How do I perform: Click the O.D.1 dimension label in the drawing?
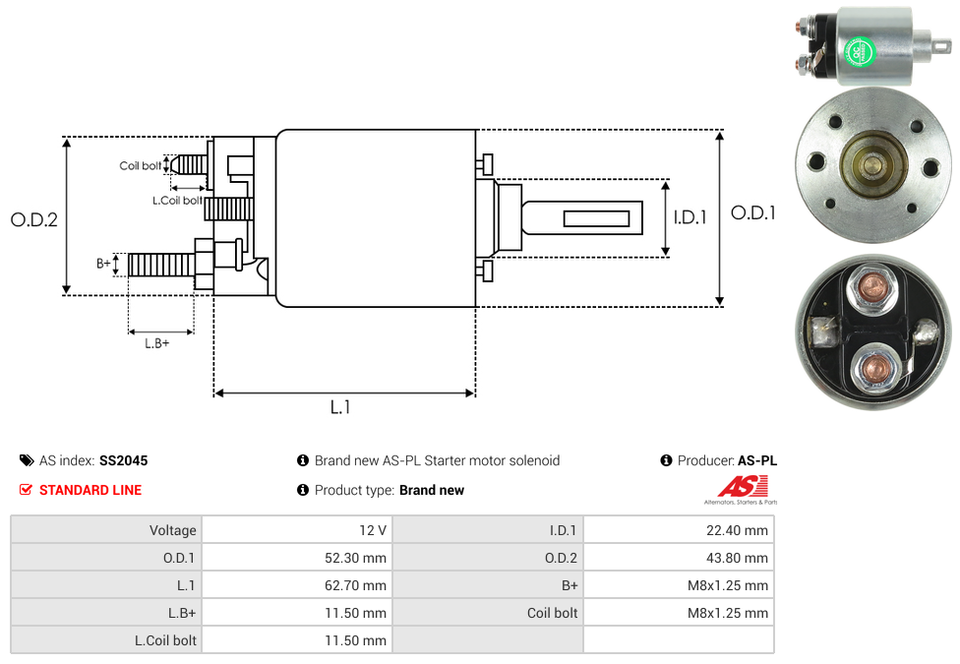click(752, 212)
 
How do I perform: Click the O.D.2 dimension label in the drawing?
click(34, 219)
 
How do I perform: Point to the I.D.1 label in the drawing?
click(690, 217)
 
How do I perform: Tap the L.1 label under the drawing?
click(340, 407)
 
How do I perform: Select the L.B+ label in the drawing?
click(157, 343)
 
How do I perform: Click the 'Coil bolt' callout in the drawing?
click(141, 165)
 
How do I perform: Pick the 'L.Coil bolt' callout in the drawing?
click(177, 201)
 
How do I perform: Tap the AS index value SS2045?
click(123, 460)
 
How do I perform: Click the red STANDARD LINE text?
click(90, 490)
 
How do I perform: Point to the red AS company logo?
click(743, 487)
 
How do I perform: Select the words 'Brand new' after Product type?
click(432, 490)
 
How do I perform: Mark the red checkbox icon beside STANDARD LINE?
click(27, 490)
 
